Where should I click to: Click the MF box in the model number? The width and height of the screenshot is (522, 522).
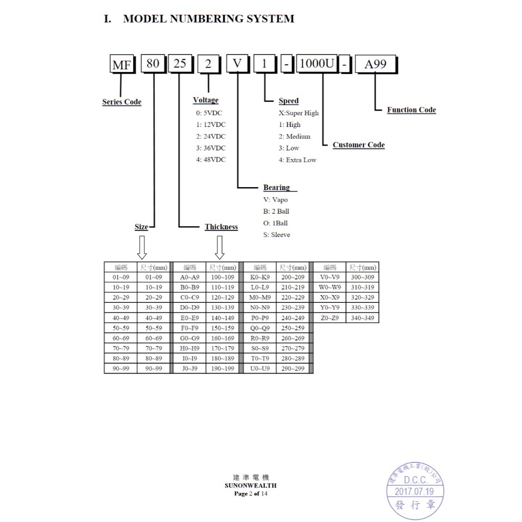(x=122, y=64)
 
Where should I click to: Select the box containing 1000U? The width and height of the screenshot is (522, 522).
(x=317, y=63)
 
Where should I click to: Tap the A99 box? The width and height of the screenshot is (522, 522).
(x=376, y=64)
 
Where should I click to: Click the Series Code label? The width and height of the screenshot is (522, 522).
(x=122, y=102)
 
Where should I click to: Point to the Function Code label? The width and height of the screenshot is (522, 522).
(x=411, y=110)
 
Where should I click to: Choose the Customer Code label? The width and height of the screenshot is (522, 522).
(x=358, y=145)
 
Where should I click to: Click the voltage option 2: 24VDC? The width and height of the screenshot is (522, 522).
(x=211, y=137)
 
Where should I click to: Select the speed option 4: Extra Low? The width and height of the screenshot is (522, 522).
(x=298, y=160)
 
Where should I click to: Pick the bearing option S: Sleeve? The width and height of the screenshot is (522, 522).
(x=277, y=234)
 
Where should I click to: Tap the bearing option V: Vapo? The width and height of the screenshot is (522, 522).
(x=275, y=200)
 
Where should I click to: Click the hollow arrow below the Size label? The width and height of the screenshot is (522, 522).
(x=142, y=247)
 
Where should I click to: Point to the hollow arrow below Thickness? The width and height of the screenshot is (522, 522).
(x=219, y=247)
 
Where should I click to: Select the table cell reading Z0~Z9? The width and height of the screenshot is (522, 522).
(x=330, y=318)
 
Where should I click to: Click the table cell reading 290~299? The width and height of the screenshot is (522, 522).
(x=293, y=369)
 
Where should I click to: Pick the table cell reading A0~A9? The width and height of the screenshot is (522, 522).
(x=190, y=277)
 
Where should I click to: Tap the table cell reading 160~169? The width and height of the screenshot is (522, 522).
(x=222, y=338)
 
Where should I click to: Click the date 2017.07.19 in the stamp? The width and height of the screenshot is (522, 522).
(x=414, y=492)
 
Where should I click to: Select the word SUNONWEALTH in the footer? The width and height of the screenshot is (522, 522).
(x=250, y=486)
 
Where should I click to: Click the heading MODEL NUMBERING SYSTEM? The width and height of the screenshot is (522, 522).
(x=208, y=19)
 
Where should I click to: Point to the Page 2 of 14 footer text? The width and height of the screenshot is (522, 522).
(x=251, y=493)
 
